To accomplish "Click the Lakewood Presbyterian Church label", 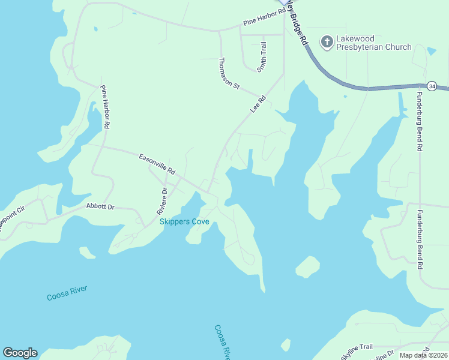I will point(373,43).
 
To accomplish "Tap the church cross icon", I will point(326,41).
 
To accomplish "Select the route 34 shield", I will point(432,86).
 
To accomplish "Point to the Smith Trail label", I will point(262,57).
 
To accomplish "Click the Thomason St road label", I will point(229,74).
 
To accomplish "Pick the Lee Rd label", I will point(258,104).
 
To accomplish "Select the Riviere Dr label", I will point(162,200).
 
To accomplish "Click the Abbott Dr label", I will point(100,206).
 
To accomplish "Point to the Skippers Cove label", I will point(184,221).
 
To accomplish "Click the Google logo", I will point(20,353).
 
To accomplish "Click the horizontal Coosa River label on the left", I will point(67,293).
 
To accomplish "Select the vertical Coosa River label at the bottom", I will point(222,342).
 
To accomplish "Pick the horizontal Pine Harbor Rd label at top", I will point(265,19).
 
